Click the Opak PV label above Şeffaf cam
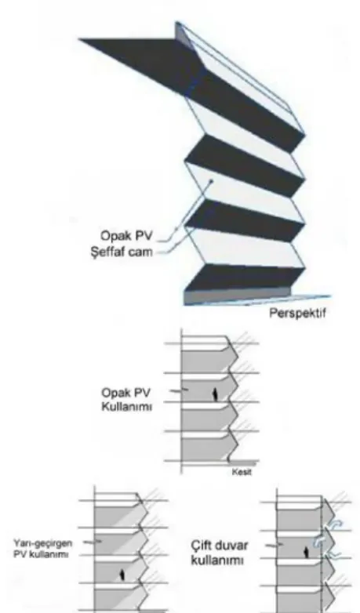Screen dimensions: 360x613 (x=126, y=236)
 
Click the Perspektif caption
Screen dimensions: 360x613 (x=298, y=313)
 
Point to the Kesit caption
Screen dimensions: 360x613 (x=242, y=472)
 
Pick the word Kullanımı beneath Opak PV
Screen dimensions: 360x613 (x=127, y=407)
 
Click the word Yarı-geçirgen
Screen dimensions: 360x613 (x=42, y=544)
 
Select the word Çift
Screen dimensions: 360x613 (x=202, y=546)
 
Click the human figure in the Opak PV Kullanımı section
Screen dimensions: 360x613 (x=214, y=394)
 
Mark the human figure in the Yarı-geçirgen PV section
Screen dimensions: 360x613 (x=122, y=575)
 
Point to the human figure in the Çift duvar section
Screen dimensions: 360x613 (x=307, y=553)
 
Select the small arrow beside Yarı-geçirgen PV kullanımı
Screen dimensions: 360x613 (x=93, y=542)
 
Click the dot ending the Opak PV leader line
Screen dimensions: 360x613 (x=211, y=181)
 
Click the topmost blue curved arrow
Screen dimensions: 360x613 (x=336, y=524)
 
